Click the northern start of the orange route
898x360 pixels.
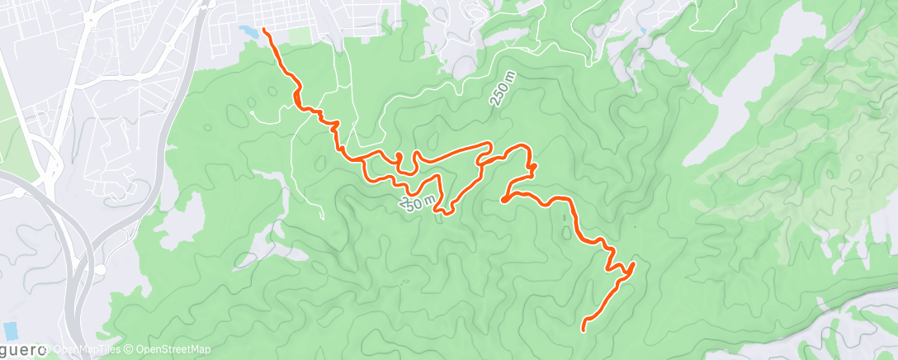(x=264, y=30)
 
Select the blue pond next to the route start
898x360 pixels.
(x=247, y=31)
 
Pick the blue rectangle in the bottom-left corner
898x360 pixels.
(x=11, y=330)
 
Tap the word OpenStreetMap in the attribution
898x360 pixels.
(x=173, y=350)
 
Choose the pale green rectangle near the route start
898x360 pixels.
(x=300, y=38)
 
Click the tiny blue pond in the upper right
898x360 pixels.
(x=641, y=31)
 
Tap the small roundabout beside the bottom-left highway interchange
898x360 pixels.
(x=100, y=269)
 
